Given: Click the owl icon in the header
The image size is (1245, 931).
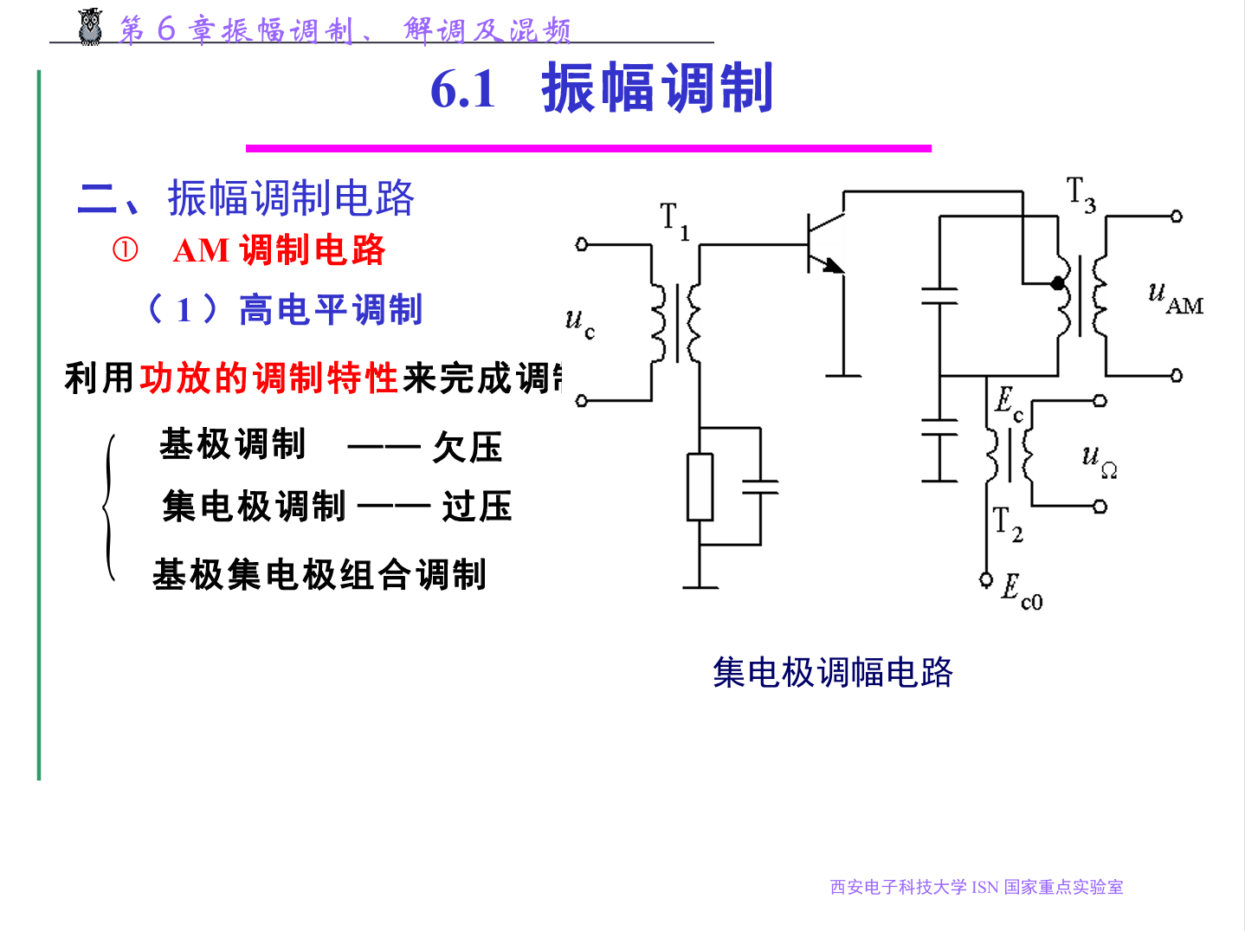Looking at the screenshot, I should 90,27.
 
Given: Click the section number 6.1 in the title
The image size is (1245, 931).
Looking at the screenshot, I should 463,89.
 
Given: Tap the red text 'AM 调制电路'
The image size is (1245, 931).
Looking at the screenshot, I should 279,250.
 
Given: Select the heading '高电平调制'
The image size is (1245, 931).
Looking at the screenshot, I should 330,309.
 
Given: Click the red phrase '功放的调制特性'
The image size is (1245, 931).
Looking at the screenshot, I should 268,378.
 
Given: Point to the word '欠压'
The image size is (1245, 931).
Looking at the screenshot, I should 468,448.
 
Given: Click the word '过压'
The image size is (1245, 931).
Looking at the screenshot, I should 477,507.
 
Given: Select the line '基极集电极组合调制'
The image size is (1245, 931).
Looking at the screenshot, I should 319,574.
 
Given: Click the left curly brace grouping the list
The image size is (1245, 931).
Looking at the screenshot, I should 109,507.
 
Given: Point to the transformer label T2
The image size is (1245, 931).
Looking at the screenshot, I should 1007,525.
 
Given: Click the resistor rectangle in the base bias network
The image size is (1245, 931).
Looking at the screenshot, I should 700,487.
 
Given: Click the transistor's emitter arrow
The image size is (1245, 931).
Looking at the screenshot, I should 833,265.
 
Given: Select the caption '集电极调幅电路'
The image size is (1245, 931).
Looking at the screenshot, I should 832,672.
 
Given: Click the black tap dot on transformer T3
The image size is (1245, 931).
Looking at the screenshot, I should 1057,282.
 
